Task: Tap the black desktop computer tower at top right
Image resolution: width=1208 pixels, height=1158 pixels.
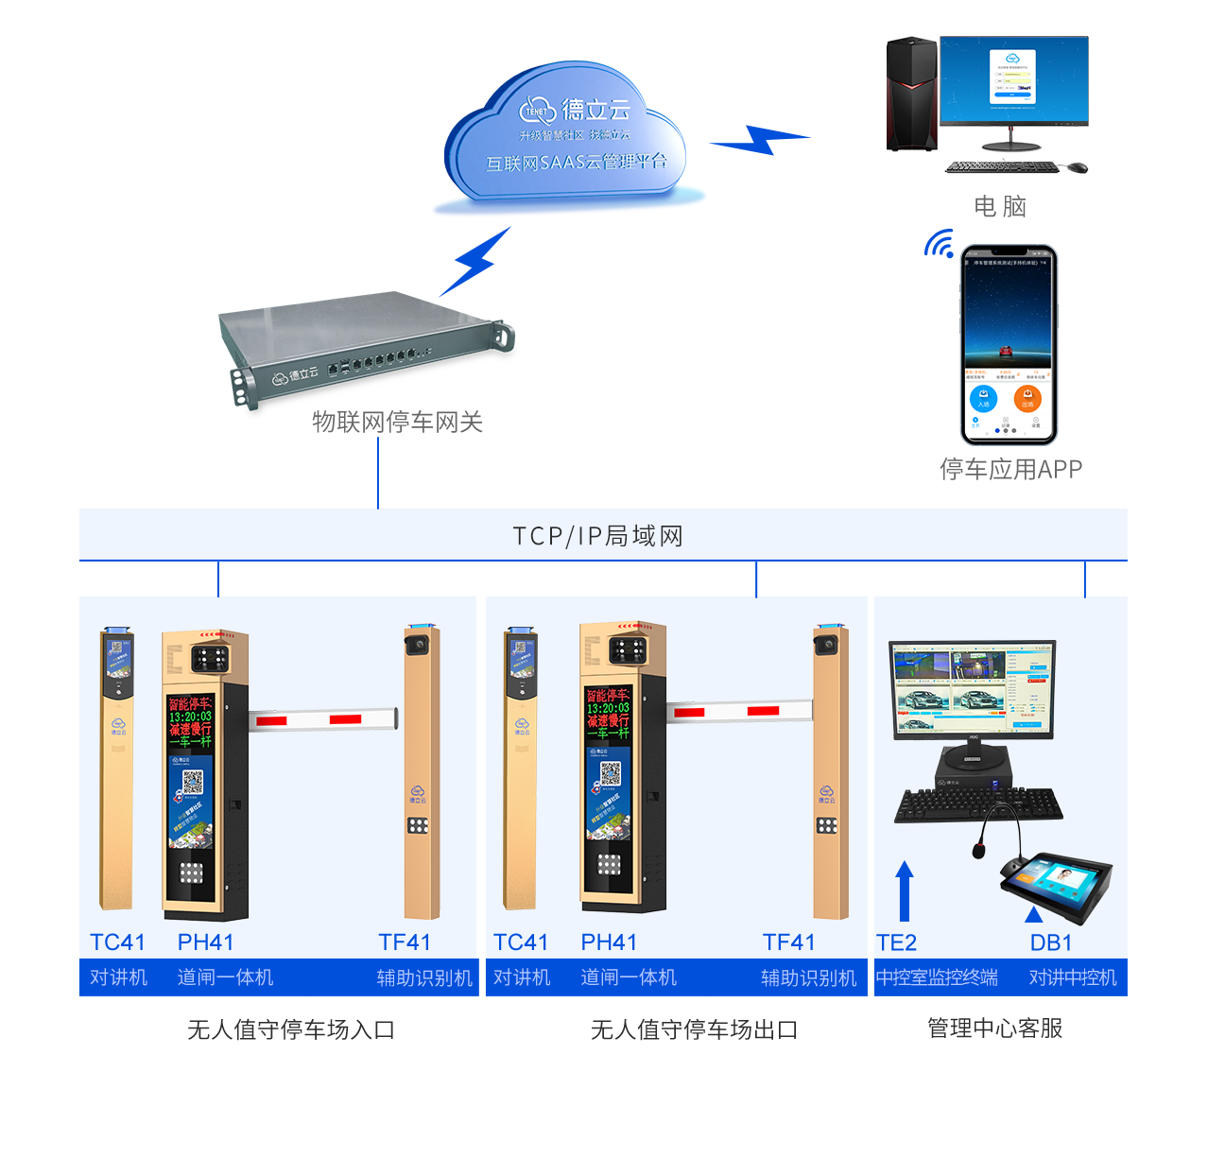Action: (911, 95)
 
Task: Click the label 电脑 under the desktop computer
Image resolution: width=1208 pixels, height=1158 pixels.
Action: (1000, 206)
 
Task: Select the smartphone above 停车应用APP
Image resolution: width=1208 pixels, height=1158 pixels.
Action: (1009, 345)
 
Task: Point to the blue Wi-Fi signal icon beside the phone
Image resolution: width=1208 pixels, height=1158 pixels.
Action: (939, 244)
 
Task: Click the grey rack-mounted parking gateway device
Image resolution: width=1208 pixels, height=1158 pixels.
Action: (369, 346)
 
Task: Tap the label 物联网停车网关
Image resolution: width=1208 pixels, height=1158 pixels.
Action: (397, 422)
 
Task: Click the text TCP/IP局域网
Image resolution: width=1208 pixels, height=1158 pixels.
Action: (597, 536)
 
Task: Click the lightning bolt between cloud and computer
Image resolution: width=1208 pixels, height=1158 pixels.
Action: (760, 140)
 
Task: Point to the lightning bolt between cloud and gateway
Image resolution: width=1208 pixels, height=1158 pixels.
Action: (478, 261)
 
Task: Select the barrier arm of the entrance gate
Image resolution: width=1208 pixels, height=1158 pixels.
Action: (322, 719)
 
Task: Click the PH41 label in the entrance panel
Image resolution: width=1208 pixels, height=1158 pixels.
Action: (205, 942)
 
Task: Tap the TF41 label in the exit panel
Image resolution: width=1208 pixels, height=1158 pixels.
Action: (788, 942)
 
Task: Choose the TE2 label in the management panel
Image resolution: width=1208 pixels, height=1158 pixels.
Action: (896, 942)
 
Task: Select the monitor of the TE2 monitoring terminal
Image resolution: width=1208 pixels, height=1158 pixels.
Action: (972, 688)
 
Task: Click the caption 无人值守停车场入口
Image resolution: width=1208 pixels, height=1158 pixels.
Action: (290, 1029)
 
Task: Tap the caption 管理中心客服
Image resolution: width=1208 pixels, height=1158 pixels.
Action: (994, 1028)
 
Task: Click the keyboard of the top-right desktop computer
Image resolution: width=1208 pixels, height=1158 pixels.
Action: (1002, 167)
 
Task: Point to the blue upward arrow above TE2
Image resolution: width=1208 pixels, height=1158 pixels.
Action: (905, 890)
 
